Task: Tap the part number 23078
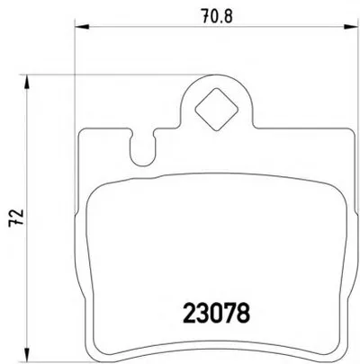216,313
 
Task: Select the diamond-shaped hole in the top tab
216,110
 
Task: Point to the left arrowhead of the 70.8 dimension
82,27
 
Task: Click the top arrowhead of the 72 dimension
27,82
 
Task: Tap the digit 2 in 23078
189,313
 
